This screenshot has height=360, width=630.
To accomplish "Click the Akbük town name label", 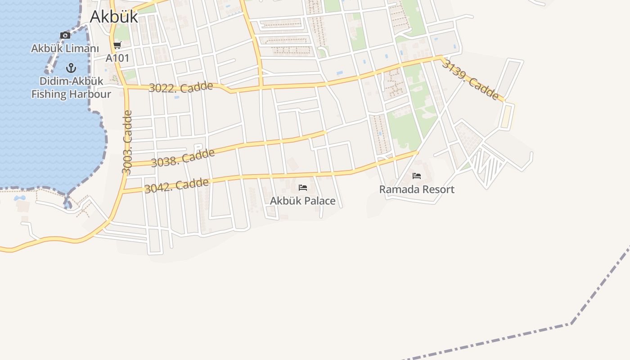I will click(x=113, y=17).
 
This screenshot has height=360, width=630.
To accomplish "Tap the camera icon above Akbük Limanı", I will click(x=65, y=35).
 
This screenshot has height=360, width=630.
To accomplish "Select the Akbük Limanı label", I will click(x=65, y=48).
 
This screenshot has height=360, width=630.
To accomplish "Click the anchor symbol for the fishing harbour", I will click(x=71, y=68).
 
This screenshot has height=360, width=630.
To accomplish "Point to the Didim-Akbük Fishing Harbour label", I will click(x=71, y=88).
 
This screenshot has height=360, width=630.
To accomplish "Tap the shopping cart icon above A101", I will click(x=117, y=45).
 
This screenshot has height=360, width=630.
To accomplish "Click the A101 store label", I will click(x=117, y=58).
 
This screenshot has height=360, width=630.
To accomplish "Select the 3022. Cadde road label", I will click(x=180, y=87).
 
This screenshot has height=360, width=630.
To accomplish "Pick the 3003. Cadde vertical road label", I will click(x=127, y=142).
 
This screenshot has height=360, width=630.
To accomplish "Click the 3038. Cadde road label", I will click(x=183, y=158).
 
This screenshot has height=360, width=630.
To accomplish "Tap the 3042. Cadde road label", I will click(x=176, y=185).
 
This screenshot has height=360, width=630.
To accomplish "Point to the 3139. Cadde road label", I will click(x=470, y=80).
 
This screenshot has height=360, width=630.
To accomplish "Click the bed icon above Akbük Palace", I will click(x=303, y=187).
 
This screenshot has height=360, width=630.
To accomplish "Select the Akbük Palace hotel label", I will click(x=302, y=201).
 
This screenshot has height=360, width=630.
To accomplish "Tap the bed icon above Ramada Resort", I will click(x=417, y=175).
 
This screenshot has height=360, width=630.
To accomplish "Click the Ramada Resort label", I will click(x=417, y=189).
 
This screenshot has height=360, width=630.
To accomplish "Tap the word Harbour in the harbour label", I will click(x=90, y=94).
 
